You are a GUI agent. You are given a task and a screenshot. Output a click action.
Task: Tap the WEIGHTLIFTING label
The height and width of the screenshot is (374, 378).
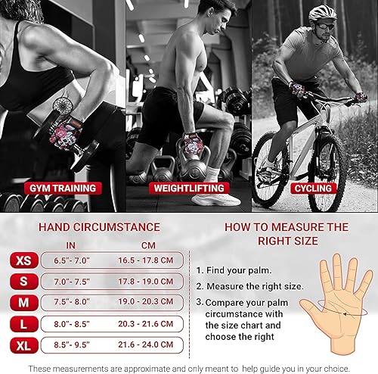(189, 187)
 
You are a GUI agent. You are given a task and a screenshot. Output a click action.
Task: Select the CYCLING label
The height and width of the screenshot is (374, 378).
(312, 187)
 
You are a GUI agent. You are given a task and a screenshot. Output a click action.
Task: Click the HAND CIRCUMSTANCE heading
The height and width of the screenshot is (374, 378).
(99, 226)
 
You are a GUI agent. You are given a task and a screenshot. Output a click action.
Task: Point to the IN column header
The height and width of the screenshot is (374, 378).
(71, 244)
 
